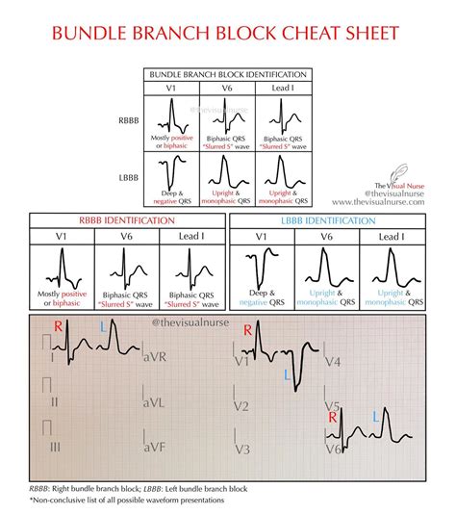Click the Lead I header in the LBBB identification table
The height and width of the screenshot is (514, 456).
pyautogui.click(x=393, y=236)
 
